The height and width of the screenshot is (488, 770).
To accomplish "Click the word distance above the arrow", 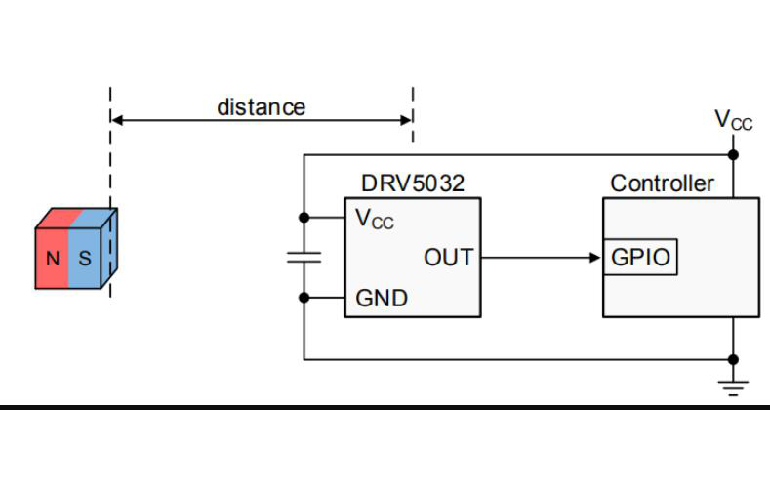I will [x=261, y=106].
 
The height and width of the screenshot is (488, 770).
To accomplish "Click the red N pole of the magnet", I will [x=52, y=260].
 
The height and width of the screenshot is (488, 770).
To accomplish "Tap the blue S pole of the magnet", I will [x=85, y=260].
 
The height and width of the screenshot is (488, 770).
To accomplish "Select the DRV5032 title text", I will [x=411, y=183].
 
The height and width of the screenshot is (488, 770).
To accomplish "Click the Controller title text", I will [x=662, y=183].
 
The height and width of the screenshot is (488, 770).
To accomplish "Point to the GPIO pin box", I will [x=640, y=258].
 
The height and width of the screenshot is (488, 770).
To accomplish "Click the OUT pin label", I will [x=448, y=258].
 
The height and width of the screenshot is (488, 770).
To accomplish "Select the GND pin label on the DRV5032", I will [x=382, y=298].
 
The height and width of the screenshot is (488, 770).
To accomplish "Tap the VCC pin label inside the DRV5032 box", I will [x=375, y=219].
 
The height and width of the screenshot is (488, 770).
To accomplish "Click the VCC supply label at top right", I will [x=733, y=120].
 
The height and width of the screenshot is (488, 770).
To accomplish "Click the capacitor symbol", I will [x=304, y=258].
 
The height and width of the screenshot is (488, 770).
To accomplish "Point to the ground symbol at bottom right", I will [x=733, y=386].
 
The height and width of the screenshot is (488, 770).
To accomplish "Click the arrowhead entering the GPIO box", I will [x=595, y=258].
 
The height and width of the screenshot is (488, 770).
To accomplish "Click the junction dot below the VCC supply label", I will [x=733, y=154].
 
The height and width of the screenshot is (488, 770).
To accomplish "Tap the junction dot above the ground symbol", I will [x=733, y=359].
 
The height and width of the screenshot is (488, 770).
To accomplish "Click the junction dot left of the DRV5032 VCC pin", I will [x=304, y=217].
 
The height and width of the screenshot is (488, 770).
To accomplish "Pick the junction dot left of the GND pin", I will [x=304, y=298].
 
